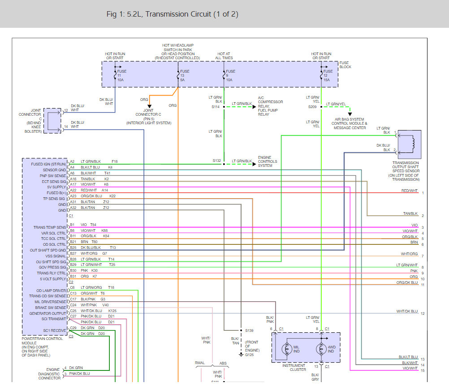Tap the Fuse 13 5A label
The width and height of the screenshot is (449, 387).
pos(185,76)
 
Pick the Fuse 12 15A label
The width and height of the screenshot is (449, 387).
pos(328,76)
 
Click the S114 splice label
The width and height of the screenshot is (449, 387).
pos(216,107)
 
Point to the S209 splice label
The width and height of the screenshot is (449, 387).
pos(312,107)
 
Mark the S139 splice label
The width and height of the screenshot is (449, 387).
pos(249,330)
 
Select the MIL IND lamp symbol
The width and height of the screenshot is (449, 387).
pos(287,349)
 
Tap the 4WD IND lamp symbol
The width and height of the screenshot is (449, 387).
pos(321,349)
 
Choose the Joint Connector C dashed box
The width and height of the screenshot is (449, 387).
pos(52,121)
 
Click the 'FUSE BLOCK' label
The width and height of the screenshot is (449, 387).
pos(345,65)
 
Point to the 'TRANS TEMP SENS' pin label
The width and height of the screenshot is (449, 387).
pos(50,227)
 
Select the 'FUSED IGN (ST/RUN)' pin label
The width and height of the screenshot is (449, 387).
pos(48,164)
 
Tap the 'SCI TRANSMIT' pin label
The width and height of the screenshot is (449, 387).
pos(54,319)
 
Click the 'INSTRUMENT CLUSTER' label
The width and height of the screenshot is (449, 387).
pos(294,368)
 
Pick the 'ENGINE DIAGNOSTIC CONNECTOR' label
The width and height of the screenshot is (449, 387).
pos(49,374)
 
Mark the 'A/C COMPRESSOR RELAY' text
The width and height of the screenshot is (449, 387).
pos(270,102)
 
